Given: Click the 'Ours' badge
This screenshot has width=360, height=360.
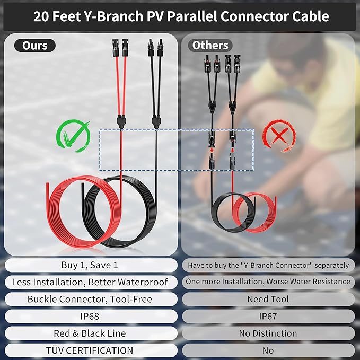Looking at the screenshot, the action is coord(35,46).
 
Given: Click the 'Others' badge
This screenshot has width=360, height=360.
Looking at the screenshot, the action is coord(210,45).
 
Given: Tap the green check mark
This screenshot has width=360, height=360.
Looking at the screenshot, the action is coord(73,135).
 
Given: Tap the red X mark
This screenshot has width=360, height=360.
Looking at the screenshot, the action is coord(279,136).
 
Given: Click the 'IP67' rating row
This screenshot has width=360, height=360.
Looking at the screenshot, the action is coord(268,317).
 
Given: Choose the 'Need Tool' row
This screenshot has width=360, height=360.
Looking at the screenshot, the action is coord(268,299).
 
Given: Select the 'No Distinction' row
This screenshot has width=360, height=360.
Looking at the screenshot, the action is coord(268,333).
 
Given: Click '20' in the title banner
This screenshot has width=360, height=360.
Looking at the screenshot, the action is coord(41,16).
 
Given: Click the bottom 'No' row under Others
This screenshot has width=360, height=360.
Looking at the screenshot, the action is coord(268,350).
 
